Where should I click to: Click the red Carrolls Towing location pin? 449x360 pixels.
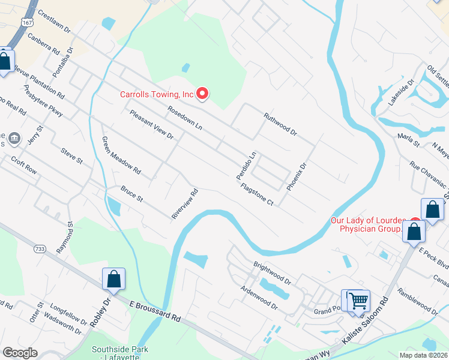[203, 94]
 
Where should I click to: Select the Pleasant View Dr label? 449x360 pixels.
[151, 125]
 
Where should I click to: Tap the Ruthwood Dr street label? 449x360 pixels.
[280, 124]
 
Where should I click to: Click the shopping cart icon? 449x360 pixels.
[358, 300]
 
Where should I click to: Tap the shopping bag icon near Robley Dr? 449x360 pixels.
[114, 278]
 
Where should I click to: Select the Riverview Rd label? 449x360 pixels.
[185, 205]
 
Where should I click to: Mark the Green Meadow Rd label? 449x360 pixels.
[121, 155]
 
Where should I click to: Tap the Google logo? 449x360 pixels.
[20, 353]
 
